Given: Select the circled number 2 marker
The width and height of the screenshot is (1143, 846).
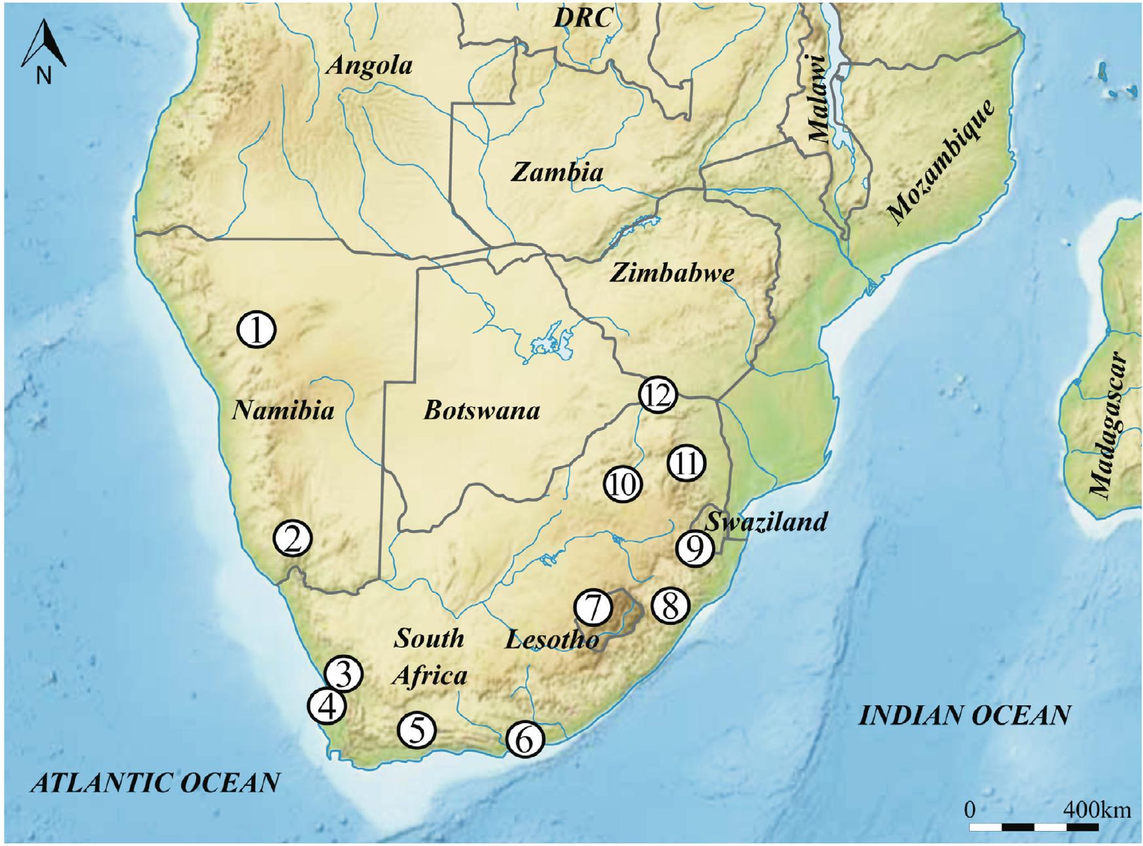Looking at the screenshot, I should coord(292,539).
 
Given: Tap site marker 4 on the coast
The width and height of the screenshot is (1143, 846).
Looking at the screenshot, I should coord(327,706).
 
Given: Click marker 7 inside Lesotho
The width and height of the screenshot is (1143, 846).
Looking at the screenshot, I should coord(593,608).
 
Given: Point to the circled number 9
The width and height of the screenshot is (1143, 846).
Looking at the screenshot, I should coord(694,548).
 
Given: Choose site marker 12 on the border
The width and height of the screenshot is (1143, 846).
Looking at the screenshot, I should coord(657,395).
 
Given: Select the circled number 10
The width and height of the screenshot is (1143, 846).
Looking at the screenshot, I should coord(623,485).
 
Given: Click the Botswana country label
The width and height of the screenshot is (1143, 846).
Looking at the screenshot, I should coord(482,410).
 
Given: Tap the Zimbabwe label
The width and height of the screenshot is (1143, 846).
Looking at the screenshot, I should coord(672,273).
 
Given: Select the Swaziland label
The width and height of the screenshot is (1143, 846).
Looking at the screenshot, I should coord(766,521).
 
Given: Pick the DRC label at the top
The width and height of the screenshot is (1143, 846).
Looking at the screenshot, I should coord(583,18).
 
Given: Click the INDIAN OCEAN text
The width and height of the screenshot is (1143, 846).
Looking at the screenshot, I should coord(964,715).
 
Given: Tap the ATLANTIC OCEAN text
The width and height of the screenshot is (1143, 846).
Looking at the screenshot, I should coord(156,783).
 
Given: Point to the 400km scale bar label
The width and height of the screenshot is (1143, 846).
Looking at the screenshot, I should coord(1096,810).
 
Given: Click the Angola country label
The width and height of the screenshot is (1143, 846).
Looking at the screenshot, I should coord(369,65).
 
